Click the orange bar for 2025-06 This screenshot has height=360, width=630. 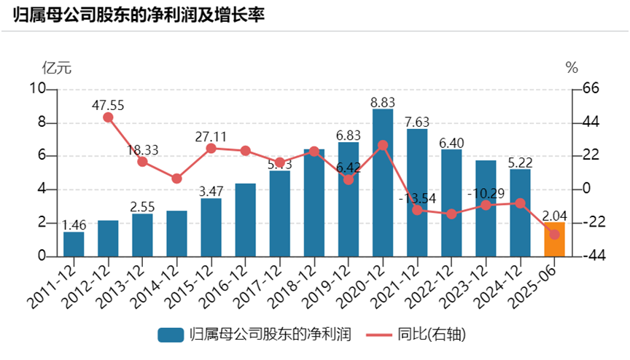(x=554, y=240)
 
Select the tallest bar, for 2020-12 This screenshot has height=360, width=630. (x=382, y=183)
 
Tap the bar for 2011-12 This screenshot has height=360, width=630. (x=74, y=244)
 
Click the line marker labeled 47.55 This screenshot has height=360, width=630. (x=108, y=117)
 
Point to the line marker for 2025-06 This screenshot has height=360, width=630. (x=554, y=235)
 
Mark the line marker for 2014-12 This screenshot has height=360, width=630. (x=176, y=179)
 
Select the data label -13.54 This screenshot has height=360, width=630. (x=417, y=197)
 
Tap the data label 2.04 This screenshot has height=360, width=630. (x=554, y=216)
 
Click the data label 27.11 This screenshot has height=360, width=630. (x=211, y=136)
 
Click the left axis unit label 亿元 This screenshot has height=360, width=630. (x=57, y=69)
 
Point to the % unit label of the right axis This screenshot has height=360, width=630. (x=572, y=69)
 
